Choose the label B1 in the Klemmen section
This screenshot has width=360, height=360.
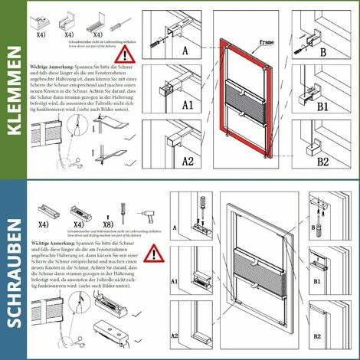(322, 107)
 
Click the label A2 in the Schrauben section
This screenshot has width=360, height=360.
(175, 335)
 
